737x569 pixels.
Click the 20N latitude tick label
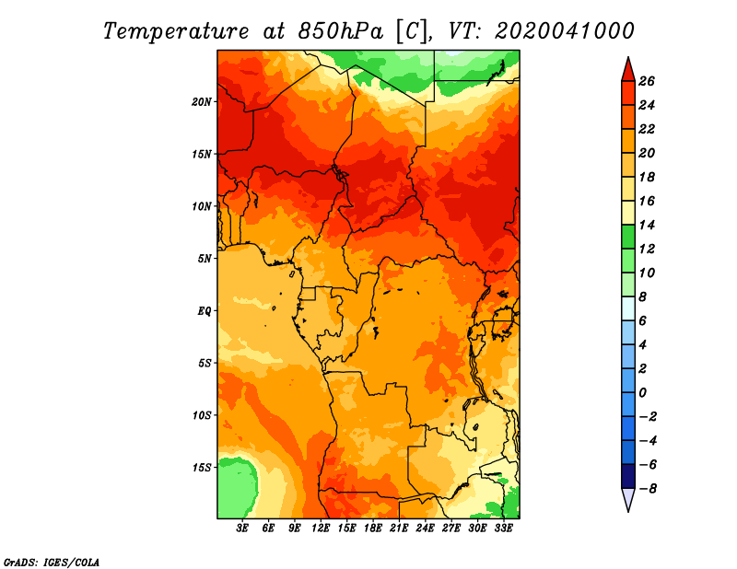click(202, 102)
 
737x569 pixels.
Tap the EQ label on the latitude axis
click(204, 311)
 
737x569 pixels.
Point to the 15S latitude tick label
click(202, 468)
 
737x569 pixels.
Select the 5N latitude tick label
click(205, 259)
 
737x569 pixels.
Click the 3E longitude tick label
click(242, 528)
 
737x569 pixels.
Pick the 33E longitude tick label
click(503, 528)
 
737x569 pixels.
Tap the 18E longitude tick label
click(373, 528)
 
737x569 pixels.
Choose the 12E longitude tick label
click(321, 528)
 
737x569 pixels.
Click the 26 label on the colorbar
click(647, 82)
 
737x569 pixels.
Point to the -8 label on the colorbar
click(648, 489)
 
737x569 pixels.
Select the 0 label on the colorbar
click(642, 393)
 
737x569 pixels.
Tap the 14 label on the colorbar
click(647, 225)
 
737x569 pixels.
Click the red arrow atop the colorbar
click(628, 71)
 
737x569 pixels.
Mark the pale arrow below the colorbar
click(628, 499)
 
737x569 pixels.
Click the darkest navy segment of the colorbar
click(628, 476)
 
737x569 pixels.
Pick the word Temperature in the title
click(176, 31)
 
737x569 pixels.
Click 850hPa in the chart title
click(341, 31)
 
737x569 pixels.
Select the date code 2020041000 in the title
click(565, 31)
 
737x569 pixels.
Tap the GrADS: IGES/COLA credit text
click(52, 563)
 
